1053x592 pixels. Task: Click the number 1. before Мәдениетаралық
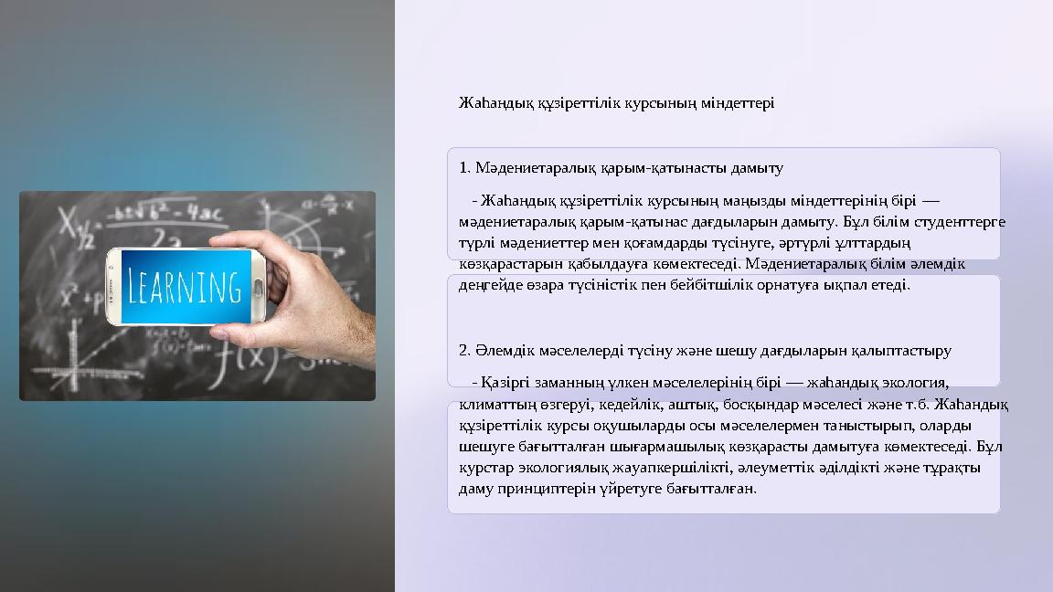pyautogui.click(x=465, y=168)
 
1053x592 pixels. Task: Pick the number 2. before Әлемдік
pyautogui.click(x=465, y=351)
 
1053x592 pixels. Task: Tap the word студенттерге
pyautogui.click(x=963, y=222)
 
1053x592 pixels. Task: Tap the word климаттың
pyautogui.click(x=495, y=404)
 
